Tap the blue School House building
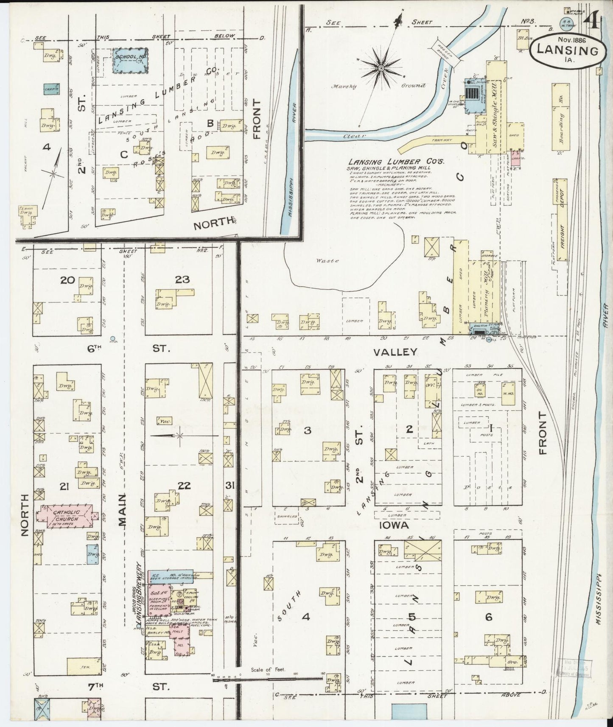coord(130,59)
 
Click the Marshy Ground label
coord(378,86)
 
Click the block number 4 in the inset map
coord(46,147)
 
